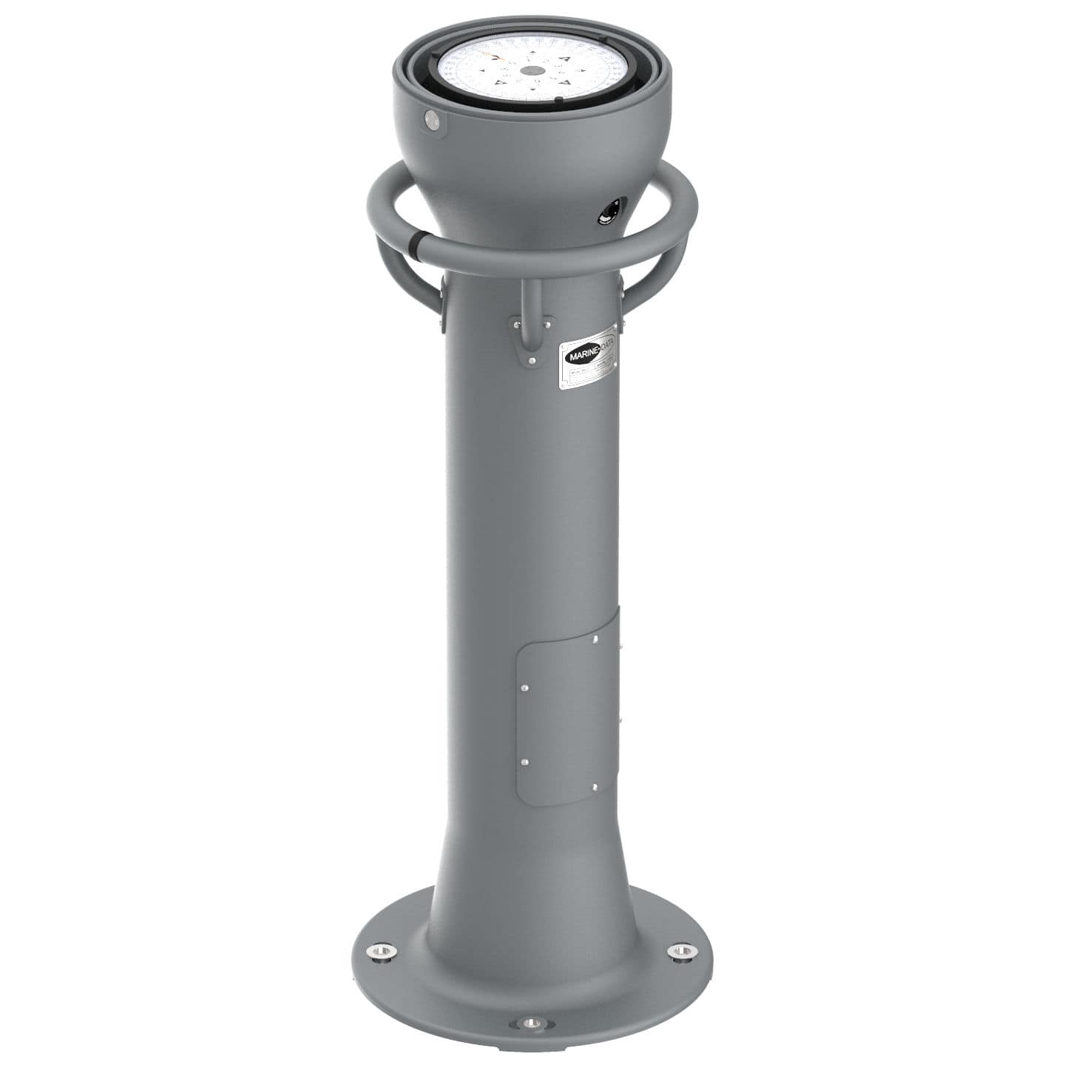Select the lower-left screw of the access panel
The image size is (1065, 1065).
pos(524,762)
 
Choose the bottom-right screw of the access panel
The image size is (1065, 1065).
pos(595,787)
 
